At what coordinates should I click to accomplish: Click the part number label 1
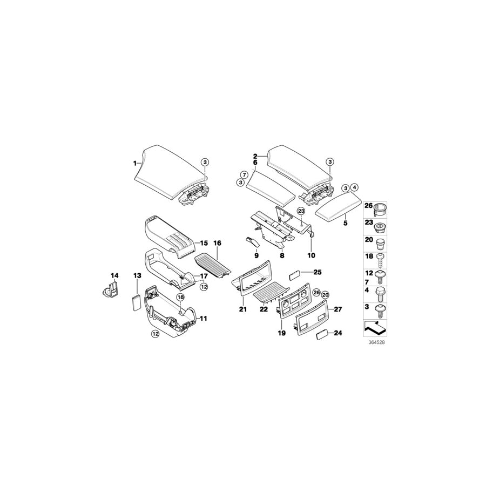point(135,163)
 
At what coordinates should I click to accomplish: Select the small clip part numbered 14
point(110,289)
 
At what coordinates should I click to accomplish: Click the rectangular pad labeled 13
point(136,302)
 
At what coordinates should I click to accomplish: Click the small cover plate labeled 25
point(295,275)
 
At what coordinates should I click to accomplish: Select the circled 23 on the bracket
point(301,211)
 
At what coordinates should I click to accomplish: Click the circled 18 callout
point(180,297)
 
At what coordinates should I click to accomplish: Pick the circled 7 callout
point(244,175)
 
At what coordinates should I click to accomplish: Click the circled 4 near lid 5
point(354,187)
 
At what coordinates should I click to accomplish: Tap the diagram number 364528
point(376,342)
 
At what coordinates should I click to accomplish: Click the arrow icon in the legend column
point(375,328)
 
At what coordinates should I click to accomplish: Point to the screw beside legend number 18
point(380,260)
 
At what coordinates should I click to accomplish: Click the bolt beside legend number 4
point(380,294)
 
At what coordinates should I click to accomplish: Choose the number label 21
point(242,309)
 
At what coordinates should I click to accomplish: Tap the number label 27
point(338,309)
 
